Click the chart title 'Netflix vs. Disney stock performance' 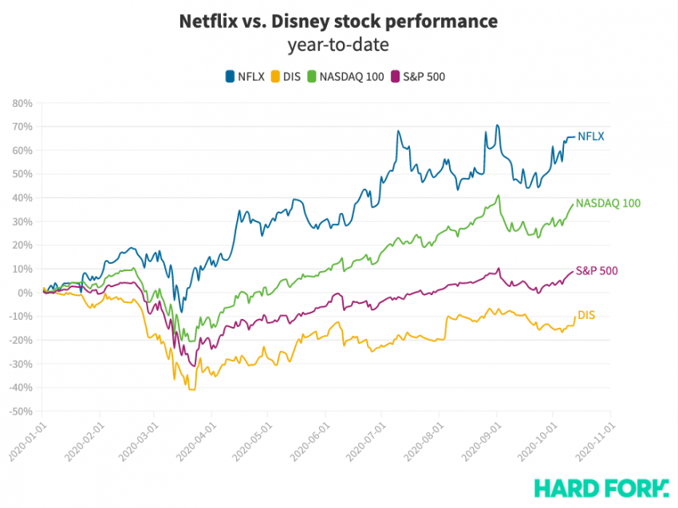pos(338,22)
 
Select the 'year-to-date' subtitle pos(338,45)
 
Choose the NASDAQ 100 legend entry pos(345,77)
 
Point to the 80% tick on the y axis pos(22,103)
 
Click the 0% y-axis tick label pos(24,293)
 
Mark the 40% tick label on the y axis pos(22,198)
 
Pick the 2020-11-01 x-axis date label pos(593,439)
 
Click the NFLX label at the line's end pos(590,136)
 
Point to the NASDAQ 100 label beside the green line pos(608,203)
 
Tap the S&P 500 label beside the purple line pos(597,271)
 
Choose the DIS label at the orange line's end pos(586,316)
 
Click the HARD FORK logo pos(601,486)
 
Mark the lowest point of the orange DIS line pos(191,389)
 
